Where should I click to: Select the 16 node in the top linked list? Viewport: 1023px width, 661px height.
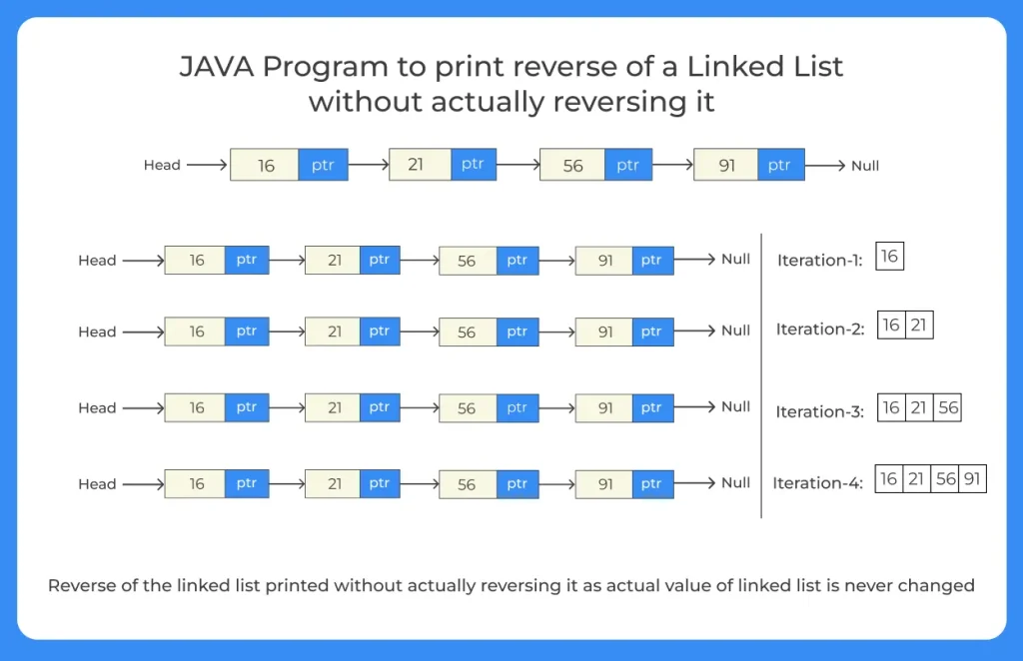[x=265, y=166]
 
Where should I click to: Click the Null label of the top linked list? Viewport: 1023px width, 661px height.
[x=865, y=166]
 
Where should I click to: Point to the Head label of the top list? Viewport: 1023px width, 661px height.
[x=162, y=166]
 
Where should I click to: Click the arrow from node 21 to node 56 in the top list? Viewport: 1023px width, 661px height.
[x=512, y=166]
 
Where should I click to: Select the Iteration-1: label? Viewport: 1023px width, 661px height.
[x=819, y=261]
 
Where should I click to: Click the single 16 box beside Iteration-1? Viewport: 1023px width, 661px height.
[x=889, y=257]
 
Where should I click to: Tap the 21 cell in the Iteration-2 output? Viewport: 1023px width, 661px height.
[x=919, y=327]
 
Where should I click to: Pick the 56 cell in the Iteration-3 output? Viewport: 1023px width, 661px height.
[x=948, y=407]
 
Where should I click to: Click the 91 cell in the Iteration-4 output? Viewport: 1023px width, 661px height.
[x=972, y=479]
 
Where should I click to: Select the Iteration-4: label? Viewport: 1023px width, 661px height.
[x=817, y=483]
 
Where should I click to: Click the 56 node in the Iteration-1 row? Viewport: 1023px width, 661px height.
[x=467, y=261]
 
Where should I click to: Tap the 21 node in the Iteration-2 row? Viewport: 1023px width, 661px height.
[x=334, y=331]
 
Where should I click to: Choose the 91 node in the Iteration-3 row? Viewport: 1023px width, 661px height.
[x=604, y=407]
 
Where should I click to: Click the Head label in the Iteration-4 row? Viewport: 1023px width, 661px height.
[x=97, y=484]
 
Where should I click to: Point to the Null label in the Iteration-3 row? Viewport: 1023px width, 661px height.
[x=735, y=407]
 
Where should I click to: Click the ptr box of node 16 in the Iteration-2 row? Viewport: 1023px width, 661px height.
[x=247, y=331]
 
